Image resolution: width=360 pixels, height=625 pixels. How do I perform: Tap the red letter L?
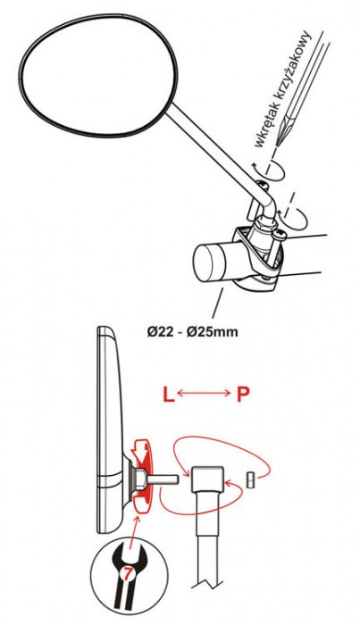point(168,395)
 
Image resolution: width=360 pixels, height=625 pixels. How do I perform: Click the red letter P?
point(243,395)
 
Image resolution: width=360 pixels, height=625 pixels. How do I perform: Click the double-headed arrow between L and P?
point(204,394)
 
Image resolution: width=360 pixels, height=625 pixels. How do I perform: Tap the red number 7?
point(127,575)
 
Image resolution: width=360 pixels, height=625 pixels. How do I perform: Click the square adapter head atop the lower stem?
point(207,479)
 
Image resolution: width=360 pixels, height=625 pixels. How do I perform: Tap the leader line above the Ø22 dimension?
point(219,305)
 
